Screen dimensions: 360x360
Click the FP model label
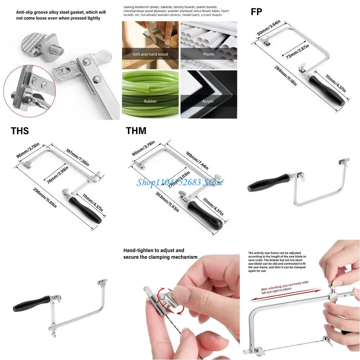(256, 11)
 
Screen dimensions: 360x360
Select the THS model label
(20, 131)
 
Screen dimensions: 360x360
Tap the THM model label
(136, 131)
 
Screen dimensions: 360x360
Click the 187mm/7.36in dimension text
(77, 156)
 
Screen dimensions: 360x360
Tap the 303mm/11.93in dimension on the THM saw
(167, 202)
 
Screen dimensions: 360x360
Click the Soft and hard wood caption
(150, 54)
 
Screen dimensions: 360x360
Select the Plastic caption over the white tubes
(208, 54)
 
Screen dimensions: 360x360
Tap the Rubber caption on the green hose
(150, 101)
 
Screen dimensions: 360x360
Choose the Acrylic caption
(208, 101)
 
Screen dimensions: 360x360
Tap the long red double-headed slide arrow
(285, 294)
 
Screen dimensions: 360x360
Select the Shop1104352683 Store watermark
(180, 182)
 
